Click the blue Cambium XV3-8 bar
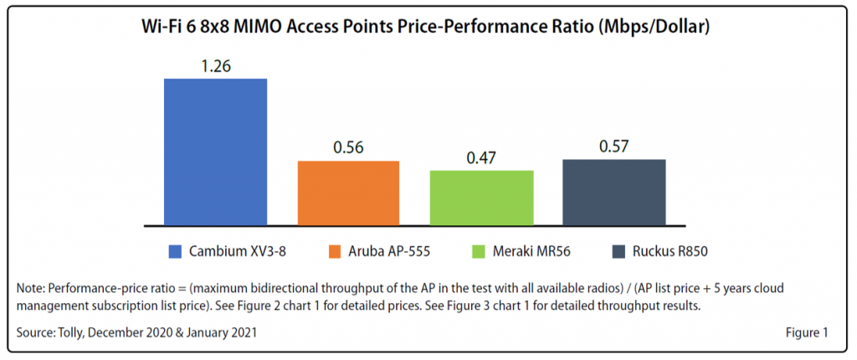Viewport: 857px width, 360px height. click(x=215, y=152)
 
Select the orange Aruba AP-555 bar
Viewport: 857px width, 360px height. click(x=348, y=193)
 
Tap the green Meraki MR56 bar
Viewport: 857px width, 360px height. click(x=481, y=198)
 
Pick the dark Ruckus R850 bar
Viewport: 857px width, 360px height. click(x=613, y=192)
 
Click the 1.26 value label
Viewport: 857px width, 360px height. click(x=215, y=64)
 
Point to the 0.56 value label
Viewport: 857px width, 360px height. click(x=348, y=147)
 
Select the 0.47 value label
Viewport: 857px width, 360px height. click(x=481, y=157)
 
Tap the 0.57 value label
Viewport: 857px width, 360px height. click(x=613, y=146)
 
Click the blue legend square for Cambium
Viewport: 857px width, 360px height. click(x=175, y=249)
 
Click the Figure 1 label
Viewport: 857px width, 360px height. click(x=806, y=333)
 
